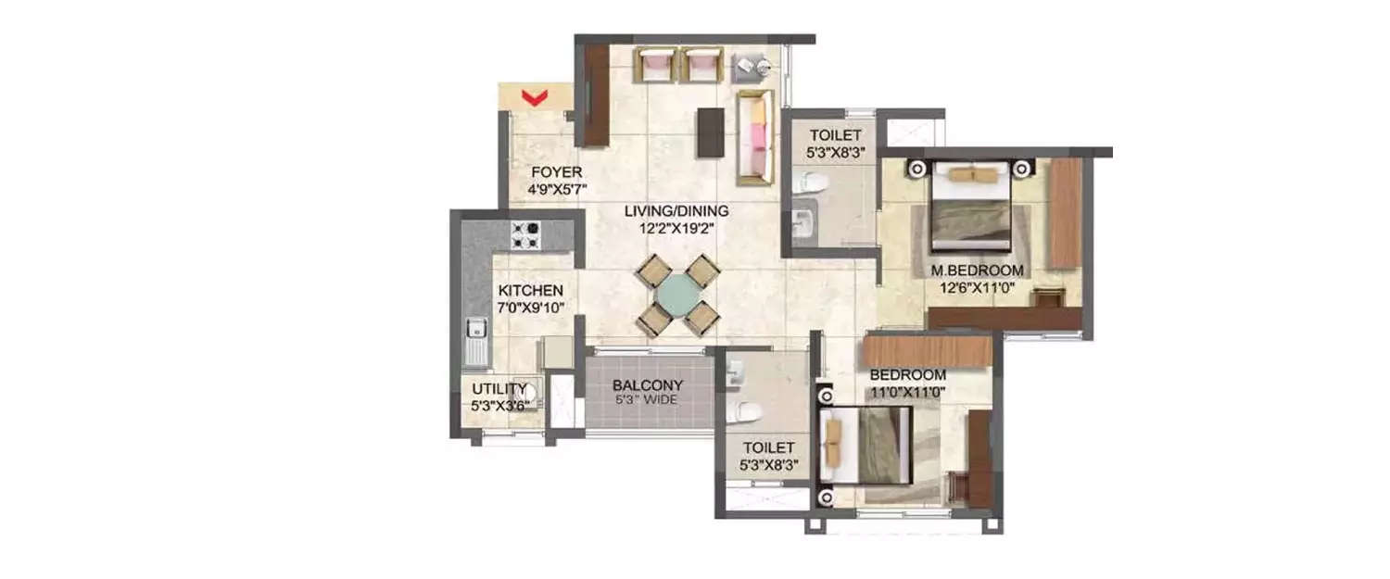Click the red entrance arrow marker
(532, 95)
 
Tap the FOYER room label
(556, 172)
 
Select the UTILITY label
(499, 388)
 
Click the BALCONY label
(648, 384)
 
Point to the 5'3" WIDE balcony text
(648, 400)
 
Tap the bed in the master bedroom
(969, 209)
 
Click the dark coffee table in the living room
(710, 132)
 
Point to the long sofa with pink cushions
(754, 137)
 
